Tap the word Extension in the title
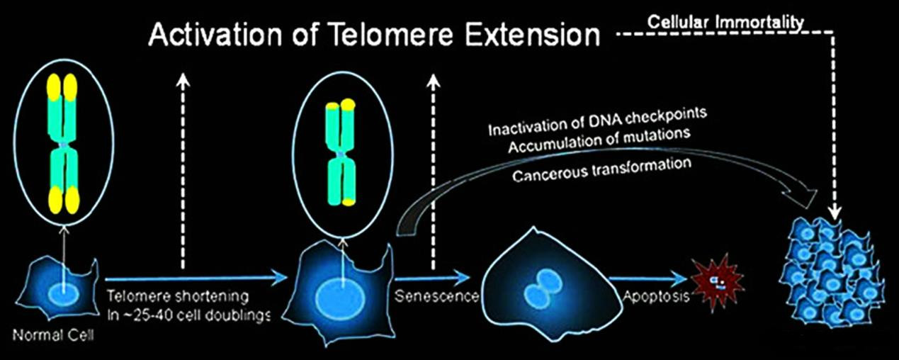(532, 35)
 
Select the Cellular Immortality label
(725, 22)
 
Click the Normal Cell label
(53, 335)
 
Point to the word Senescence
(436, 296)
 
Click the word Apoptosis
(656, 296)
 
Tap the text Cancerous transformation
(601, 170)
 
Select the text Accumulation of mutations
(599, 140)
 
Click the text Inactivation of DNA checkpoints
(597, 122)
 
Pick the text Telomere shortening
(178, 296)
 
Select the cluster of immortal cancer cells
(832, 274)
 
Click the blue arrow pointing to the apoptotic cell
(648, 278)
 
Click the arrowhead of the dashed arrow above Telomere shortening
(183, 79)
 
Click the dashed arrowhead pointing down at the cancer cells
(835, 213)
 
